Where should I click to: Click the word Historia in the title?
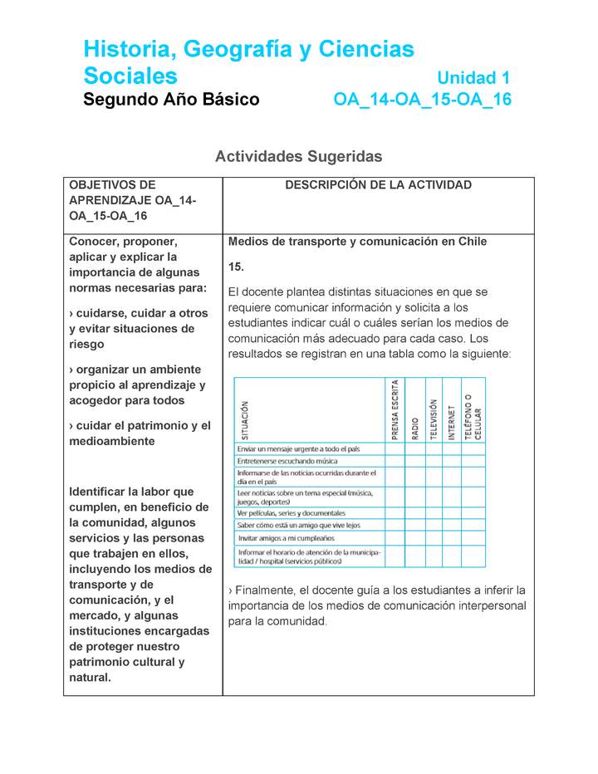[x=123, y=50]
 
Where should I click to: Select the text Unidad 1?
[x=473, y=78]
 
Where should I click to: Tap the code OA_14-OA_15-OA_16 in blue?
[x=422, y=100]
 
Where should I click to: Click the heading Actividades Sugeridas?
[x=298, y=156]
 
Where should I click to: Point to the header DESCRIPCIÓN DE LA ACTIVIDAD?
[x=378, y=185]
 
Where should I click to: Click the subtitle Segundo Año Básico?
[x=171, y=100]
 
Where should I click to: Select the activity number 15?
[x=236, y=267]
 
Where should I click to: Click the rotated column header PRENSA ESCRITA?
[x=395, y=409]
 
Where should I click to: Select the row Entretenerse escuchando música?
[x=287, y=460]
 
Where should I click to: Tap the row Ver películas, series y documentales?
[x=292, y=512]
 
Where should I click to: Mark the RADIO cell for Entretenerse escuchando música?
[x=415, y=460]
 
